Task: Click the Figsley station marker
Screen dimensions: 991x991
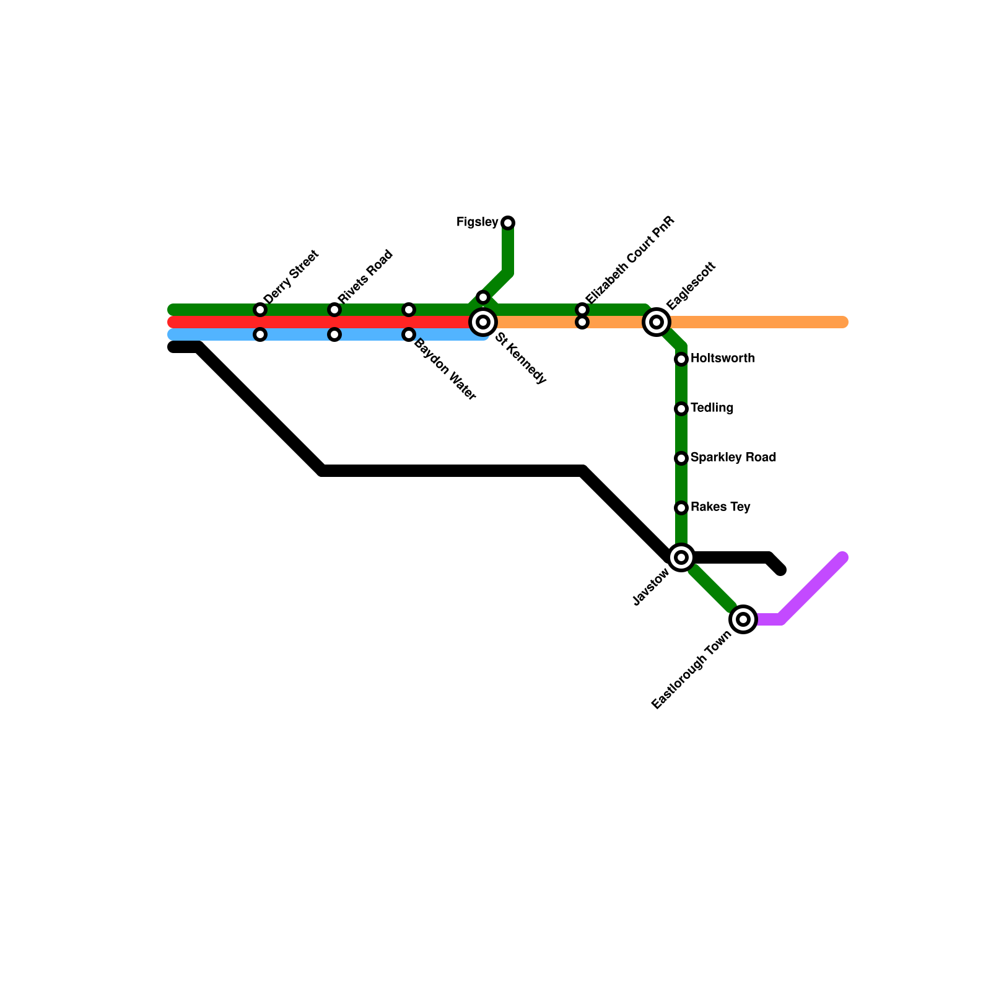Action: [x=508, y=222]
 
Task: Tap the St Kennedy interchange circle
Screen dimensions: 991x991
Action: [x=483, y=322]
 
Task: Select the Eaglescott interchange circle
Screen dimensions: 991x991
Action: [x=657, y=322]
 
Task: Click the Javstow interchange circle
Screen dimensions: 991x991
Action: [x=681, y=557]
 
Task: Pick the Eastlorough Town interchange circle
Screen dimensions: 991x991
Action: [x=743, y=619]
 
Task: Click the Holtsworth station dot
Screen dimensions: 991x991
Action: [x=681, y=359]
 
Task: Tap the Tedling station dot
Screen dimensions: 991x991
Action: [x=681, y=409]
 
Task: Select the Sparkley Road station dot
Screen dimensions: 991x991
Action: [x=681, y=458]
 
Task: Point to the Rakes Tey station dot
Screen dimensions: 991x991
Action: [x=681, y=508]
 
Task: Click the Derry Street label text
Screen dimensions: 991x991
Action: [x=290, y=276]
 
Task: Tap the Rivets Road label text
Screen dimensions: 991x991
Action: [x=365, y=276]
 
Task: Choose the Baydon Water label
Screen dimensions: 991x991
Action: [x=445, y=369]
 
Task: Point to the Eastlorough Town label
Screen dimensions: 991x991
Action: [x=692, y=670]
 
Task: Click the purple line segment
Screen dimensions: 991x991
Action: [x=811, y=589]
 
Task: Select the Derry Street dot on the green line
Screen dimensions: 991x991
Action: [x=260, y=310]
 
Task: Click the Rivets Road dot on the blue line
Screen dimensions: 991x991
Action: [x=334, y=334]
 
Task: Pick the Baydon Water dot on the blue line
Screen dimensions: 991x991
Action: [x=409, y=334]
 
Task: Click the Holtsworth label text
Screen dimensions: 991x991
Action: [x=722, y=359]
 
